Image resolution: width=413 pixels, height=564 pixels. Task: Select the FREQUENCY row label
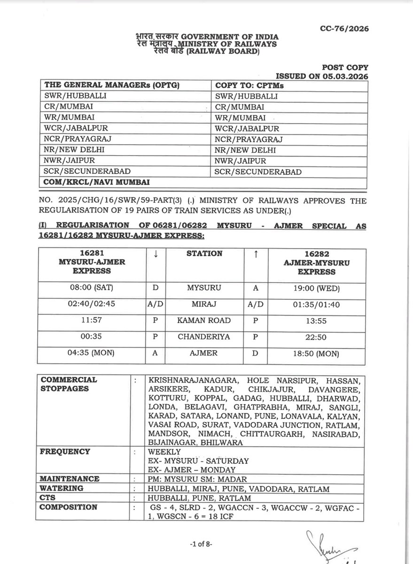coord(65,452)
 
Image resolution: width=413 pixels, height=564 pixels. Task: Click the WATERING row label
coord(62,488)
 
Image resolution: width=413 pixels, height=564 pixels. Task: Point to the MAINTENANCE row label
coord(70,479)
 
